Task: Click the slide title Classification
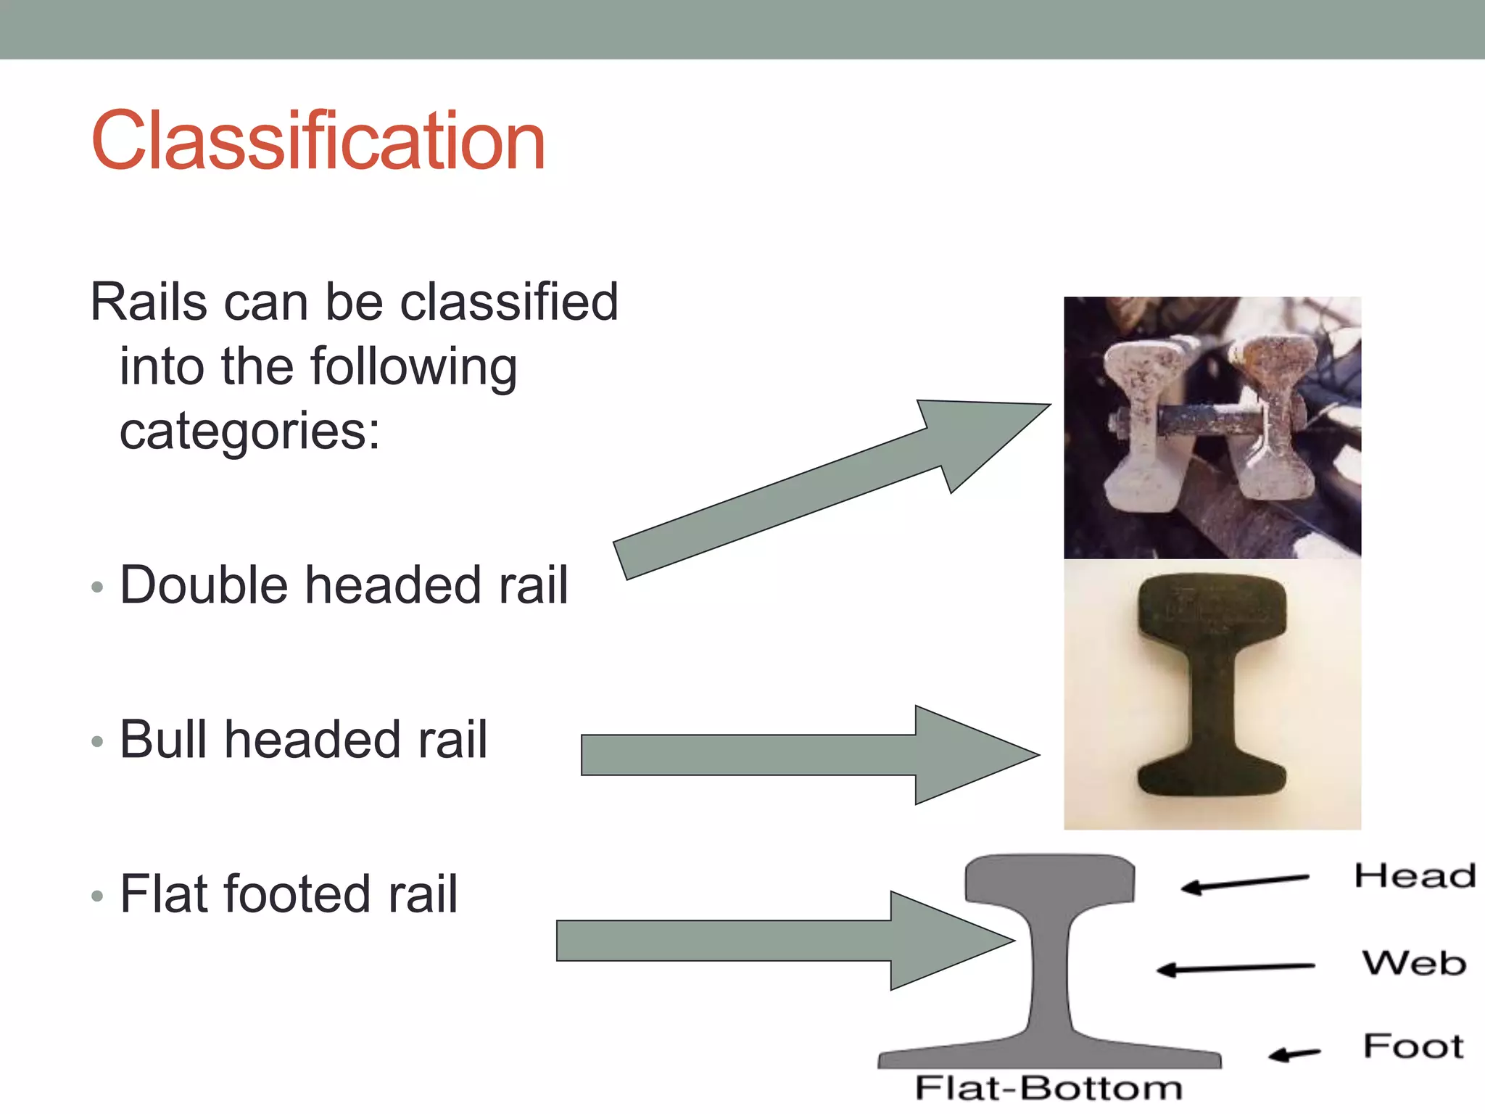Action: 318,141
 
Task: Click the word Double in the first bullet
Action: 203,585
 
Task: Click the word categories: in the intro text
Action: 249,431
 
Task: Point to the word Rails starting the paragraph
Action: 148,302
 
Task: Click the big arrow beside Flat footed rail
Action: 783,941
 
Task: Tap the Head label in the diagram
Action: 1415,876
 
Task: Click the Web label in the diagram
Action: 1414,964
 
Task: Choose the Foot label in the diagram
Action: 1413,1047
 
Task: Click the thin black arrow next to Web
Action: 1235,968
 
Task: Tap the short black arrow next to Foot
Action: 1294,1054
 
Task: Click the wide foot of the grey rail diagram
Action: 1048,1055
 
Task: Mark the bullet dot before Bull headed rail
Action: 98,742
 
